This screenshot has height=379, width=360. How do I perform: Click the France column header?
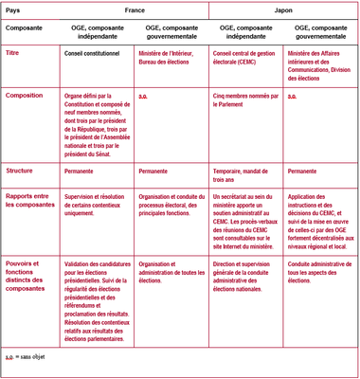coord(135,9)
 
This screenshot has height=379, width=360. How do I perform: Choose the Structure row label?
coord(24,171)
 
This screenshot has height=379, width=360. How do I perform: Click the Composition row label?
coord(27,96)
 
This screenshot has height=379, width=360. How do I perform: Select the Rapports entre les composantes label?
coord(29,202)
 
